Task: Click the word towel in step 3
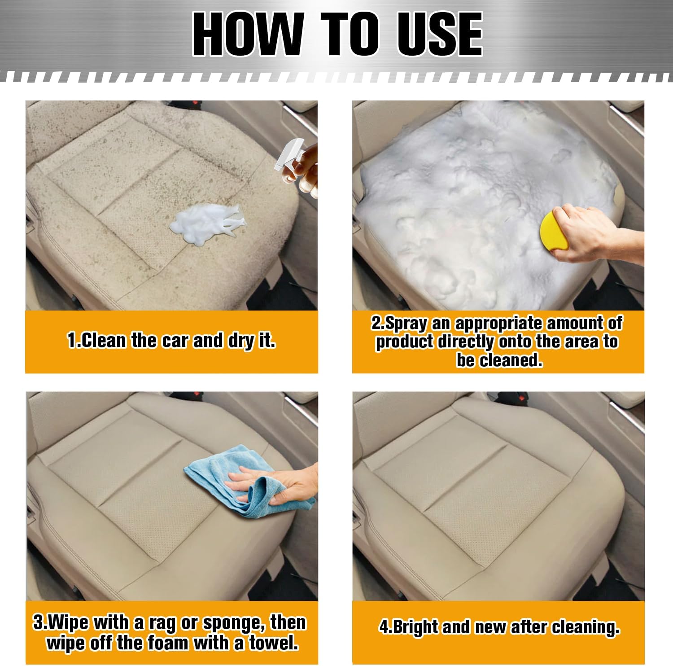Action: pos(274,643)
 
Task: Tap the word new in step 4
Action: pos(479,627)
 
